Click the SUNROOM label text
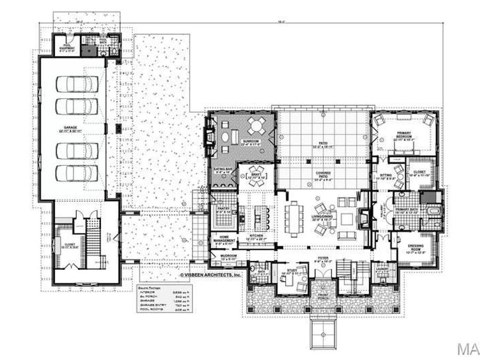point(250,141)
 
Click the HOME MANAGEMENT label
point(224,240)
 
